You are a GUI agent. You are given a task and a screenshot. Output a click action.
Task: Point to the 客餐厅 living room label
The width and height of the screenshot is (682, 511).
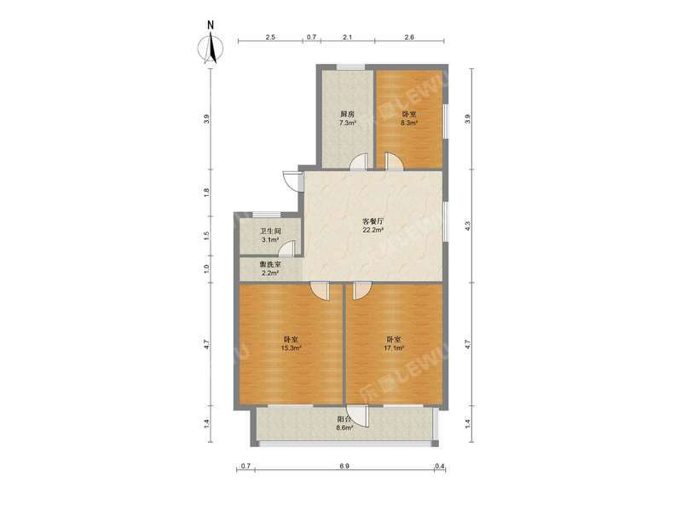point(373,220)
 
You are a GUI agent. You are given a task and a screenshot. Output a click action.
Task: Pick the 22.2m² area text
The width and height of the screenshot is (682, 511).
point(373,229)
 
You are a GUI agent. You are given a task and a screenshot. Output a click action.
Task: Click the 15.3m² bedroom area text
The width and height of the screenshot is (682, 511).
point(290,347)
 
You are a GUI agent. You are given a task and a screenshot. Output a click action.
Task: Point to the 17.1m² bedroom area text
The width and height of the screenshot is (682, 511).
point(394,347)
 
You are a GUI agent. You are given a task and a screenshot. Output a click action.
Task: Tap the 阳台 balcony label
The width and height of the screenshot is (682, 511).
point(344,419)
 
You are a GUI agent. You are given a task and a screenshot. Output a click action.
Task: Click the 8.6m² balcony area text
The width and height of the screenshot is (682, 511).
point(344,428)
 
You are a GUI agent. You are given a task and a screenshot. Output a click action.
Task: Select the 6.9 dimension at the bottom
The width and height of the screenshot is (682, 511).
point(344,466)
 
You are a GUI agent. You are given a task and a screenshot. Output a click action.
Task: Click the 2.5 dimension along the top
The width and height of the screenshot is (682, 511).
point(270,37)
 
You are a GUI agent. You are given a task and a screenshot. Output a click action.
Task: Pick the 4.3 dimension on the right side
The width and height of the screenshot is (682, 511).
point(466,226)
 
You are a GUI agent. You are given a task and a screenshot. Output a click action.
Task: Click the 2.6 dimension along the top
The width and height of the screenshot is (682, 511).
point(409,37)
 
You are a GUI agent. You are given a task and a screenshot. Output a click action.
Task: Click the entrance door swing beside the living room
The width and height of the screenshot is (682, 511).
point(292,181)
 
